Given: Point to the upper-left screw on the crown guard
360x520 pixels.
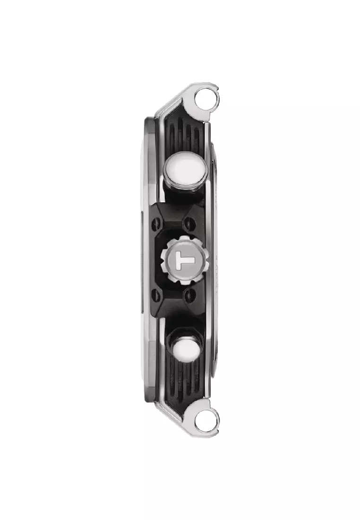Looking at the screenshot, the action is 154,226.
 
